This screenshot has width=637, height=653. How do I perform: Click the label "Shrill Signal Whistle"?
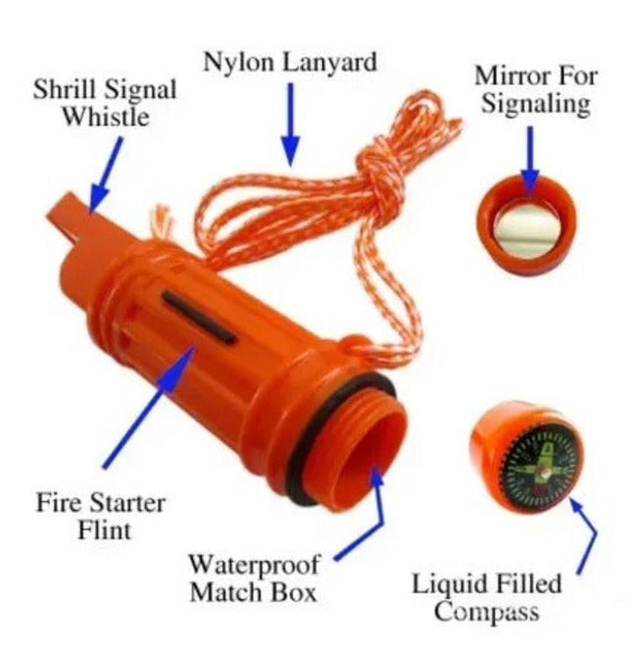(105, 102)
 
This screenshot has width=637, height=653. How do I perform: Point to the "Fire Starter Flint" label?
(100, 517)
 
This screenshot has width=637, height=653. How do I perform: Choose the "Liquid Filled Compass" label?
(487, 598)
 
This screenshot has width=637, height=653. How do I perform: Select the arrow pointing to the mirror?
(531, 158)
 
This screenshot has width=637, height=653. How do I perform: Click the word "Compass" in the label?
(487, 612)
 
